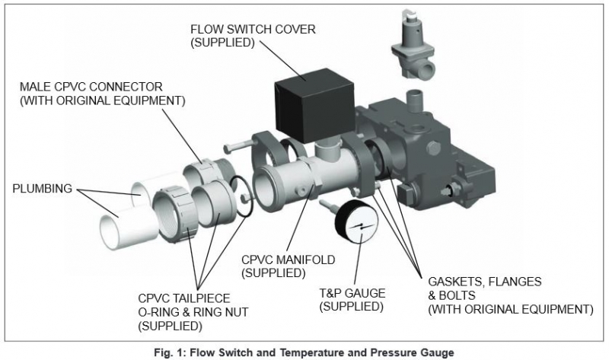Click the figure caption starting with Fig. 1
304,351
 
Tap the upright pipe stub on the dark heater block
416,101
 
